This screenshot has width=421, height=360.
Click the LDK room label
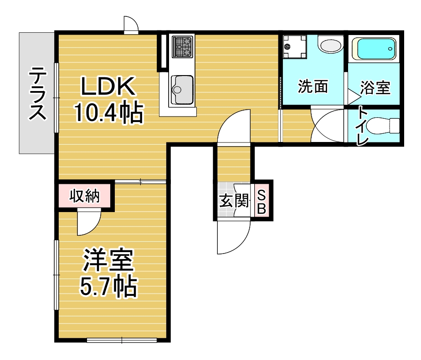coord(108,86)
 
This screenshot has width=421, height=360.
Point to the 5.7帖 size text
coord(108,286)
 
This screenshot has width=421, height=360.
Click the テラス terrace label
coord(38,93)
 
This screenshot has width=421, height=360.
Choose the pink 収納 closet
coord(85,196)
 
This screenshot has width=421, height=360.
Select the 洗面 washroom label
coord(313,86)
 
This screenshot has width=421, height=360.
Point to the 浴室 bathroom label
coord(375,87)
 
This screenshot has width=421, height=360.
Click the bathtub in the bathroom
coord(375,49)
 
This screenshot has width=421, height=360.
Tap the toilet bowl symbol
coord(383,125)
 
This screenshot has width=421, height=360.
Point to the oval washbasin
coord(330,46)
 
